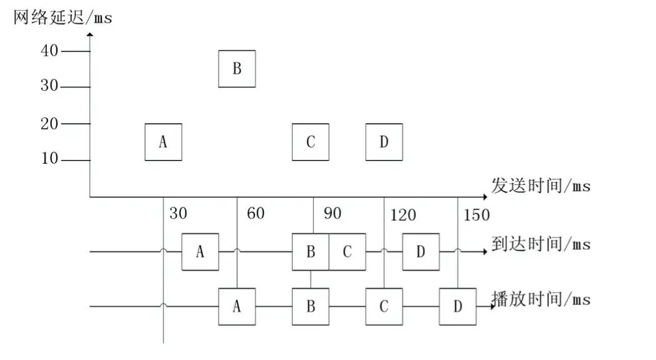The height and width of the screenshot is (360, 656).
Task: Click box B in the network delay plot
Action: click(x=236, y=68)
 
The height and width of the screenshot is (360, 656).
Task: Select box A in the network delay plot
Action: click(x=163, y=142)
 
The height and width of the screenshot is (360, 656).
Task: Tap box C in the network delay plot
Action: click(x=310, y=142)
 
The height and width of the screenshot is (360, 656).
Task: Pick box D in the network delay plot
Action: click(x=384, y=142)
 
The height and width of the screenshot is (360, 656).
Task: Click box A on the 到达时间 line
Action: click(x=200, y=252)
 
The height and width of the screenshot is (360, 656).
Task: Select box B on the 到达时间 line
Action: click(x=310, y=252)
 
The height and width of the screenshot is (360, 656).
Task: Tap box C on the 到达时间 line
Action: click(x=347, y=252)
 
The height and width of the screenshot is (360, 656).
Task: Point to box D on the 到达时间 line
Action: click(x=420, y=252)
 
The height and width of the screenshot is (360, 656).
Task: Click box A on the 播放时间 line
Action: click(x=236, y=306)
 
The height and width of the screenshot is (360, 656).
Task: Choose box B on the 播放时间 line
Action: click(x=310, y=306)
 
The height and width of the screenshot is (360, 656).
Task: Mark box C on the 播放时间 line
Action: click(x=384, y=306)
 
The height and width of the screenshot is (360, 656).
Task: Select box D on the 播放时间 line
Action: click(x=457, y=306)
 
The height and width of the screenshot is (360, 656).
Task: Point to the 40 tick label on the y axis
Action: click(x=49, y=51)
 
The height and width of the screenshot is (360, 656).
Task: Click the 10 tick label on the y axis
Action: click(x=49, y=159)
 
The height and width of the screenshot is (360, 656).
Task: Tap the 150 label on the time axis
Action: click(x=476, y=216)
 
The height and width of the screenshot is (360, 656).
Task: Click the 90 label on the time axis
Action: click(x=333, y=213)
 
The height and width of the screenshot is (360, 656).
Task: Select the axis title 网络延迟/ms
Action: click(x=63, y=17)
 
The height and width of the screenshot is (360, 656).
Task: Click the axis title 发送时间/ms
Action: click(x=540, y=186)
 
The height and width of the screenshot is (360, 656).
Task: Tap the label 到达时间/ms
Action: click(x=540, y=244)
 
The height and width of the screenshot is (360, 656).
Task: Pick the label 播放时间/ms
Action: click(x=540, y=299)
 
